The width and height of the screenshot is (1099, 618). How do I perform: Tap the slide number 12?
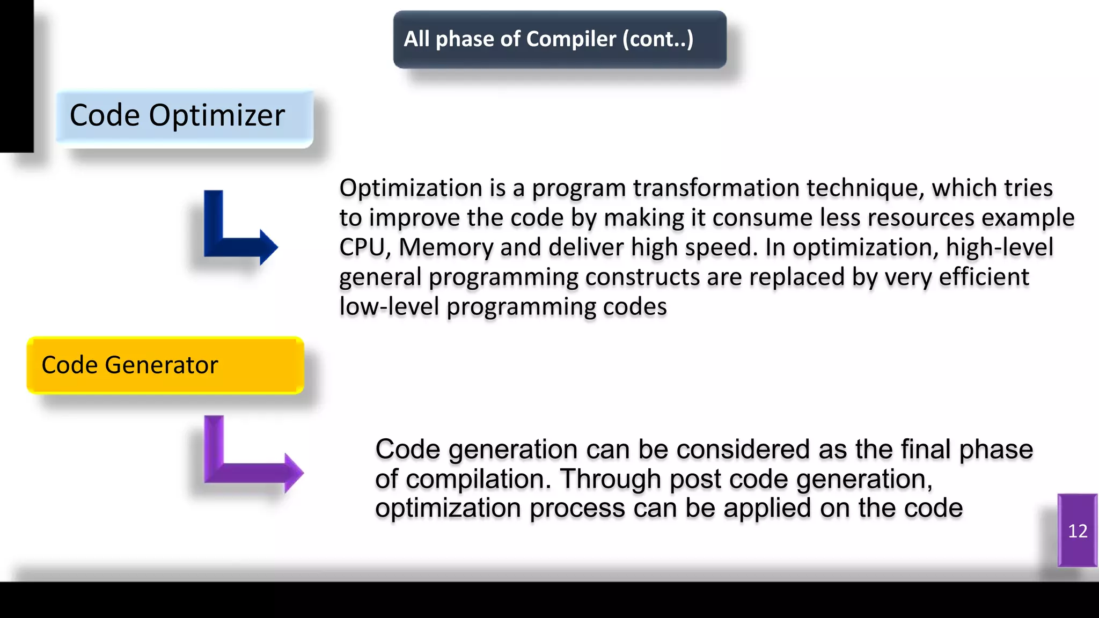[x=1078, y=531]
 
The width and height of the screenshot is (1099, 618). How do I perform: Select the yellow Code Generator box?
[x=165, y=365]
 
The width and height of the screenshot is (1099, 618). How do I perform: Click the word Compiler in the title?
[x=571, y=39]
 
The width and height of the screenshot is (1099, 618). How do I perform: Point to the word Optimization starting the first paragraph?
[x=411, y=188]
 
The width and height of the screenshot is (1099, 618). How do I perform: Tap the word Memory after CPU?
[x=445, y=248]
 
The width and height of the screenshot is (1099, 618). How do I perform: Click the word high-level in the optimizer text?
[x=999, y=248]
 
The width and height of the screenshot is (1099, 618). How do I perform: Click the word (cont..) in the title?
[x=658, y=39]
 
